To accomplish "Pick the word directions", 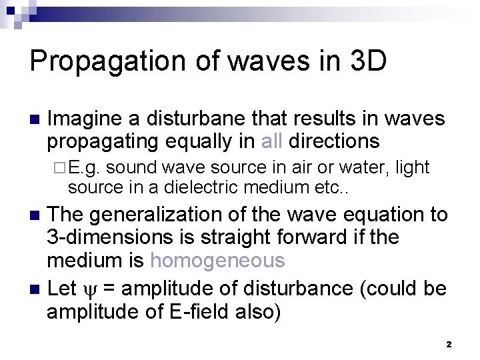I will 335,141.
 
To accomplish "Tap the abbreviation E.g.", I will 84,167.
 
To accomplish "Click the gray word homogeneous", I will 217,260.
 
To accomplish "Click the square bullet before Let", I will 35,290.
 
